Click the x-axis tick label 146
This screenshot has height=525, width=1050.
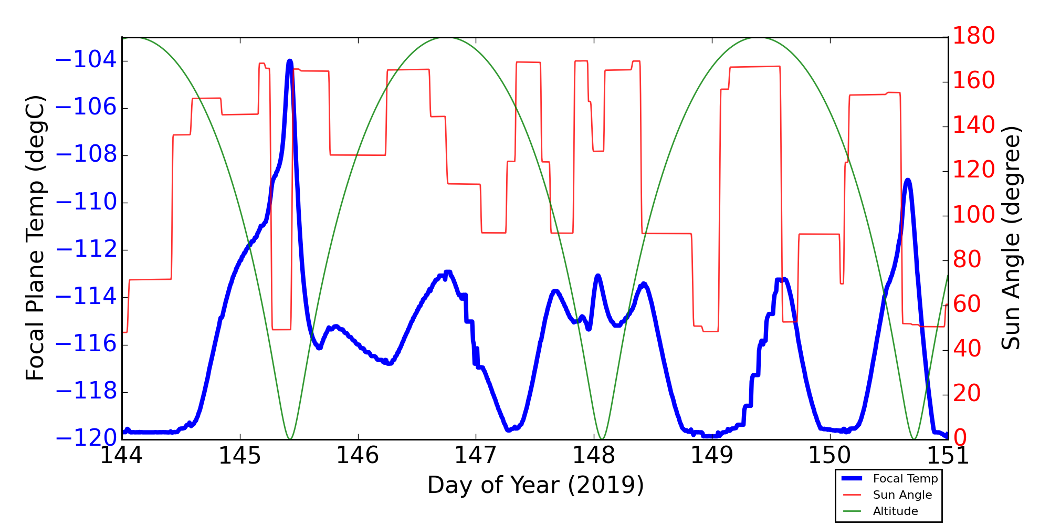(x=358, y=456)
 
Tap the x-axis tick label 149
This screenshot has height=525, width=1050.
(x=712, y=456)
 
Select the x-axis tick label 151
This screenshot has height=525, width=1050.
(x=948, y=456)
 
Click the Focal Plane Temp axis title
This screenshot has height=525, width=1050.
(x=35, y=237)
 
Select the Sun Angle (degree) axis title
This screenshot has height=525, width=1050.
(x=1011, y=237)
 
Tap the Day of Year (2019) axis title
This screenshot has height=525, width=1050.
(x=535, y=485)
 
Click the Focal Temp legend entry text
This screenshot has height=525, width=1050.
(x=905, y=479)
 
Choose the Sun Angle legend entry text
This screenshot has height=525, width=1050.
(x=902, y=495)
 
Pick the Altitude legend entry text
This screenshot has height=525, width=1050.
(x=895, y=511)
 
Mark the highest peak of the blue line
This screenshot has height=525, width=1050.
(x=290, y=61)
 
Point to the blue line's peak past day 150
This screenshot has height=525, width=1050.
(x=908, y=181)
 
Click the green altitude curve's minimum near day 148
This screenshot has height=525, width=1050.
(x=602, y=438)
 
